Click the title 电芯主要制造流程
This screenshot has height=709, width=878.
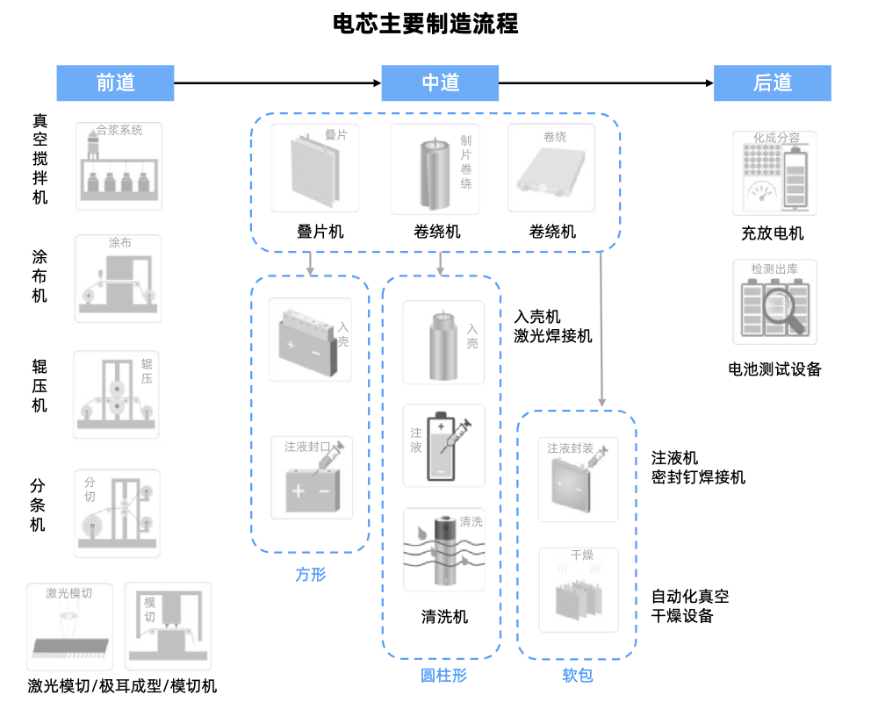tap(425, 24)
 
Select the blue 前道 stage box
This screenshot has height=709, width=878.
tap(115, 82)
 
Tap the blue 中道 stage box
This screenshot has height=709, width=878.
tap(440, 82)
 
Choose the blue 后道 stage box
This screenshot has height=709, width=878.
tap(772, 82)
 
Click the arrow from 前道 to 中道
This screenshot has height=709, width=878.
tap(277, 83)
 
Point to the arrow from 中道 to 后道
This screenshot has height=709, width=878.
tap(606, 83)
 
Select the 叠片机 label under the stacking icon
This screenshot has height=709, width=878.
tap(320, 233)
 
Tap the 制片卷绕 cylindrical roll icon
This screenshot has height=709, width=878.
tap(435, 168)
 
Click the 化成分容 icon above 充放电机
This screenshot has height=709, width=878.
tap(774, 173)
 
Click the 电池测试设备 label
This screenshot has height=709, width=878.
tap(774, 369)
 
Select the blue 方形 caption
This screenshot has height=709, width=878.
tap(310, 576)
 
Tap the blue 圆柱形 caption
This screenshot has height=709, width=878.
tap(443, 676)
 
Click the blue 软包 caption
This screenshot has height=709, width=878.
tap(577, 676)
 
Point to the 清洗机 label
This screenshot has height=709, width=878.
tap(444, 617)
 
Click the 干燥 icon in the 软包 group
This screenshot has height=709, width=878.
tap(578, 590)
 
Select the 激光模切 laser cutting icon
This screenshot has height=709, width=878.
tap(69, 624)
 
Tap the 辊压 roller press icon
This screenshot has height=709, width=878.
tap(117, 394)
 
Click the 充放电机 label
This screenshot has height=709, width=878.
tap(772, 233)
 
